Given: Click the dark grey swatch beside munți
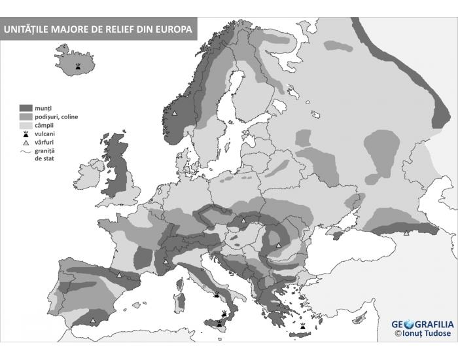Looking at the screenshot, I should (26, 107).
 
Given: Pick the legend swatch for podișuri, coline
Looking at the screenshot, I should (26, 117).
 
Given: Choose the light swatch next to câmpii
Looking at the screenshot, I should (26, 125).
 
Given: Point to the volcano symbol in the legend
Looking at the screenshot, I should (26, 134).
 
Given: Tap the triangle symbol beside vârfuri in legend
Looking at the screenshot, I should (26, 142).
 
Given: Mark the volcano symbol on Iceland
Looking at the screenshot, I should (79, 67).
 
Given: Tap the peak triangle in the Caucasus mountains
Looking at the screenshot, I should (406, 233).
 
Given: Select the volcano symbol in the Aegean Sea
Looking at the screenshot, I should (303, 325).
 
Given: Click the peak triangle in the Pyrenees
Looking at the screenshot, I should (118, 276).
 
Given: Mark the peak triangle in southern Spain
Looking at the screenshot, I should (93, 320).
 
